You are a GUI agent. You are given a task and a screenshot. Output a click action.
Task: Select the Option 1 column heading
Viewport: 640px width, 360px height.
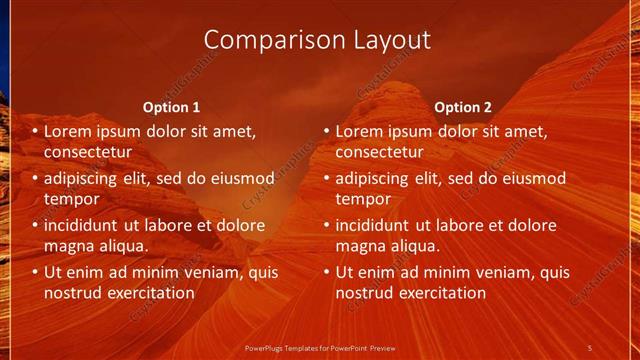pyautogui.click(x=171, y=107)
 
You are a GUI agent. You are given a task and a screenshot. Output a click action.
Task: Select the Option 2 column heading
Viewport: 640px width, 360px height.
pyautogui.click(x=463, y=107)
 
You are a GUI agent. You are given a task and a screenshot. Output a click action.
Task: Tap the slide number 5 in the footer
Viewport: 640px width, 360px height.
pyautogui.click(x=590, y=346)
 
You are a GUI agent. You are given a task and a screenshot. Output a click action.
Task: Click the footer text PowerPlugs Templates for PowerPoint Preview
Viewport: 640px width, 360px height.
pyautogui.click(x=320, y=346)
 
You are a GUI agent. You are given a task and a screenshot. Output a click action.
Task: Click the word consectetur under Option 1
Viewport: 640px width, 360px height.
pyautogui.click(x=89, y=152)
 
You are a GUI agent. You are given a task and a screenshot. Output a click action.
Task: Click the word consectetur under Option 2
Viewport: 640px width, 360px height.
pyautogui.click(x=380, y=152)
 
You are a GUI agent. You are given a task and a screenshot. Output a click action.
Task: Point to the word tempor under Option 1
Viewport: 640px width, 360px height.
pyautogui.click(x=69, y=198)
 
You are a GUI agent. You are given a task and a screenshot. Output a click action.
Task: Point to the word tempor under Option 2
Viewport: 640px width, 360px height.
pyautogui.click(x=360, y=198)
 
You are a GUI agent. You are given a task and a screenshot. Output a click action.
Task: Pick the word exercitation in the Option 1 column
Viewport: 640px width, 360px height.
pyautogui.click(x=149, y=293)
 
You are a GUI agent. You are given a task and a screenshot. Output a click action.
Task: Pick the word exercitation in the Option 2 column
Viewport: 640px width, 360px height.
pyautogui.click(x=440, y=293)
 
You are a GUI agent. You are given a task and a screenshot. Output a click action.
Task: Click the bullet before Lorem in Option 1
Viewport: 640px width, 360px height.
pyautogui.click(x=35, y=131)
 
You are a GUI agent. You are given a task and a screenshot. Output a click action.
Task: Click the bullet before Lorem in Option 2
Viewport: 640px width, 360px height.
pyautogui.click(x=326, y=131)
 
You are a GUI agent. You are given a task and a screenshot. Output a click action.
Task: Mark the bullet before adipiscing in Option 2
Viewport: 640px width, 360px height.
pyautogui.click(x=326, y=179)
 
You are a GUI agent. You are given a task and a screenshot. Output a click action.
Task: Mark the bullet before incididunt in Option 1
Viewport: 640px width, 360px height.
pyautogui.click(x=35, y=226)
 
